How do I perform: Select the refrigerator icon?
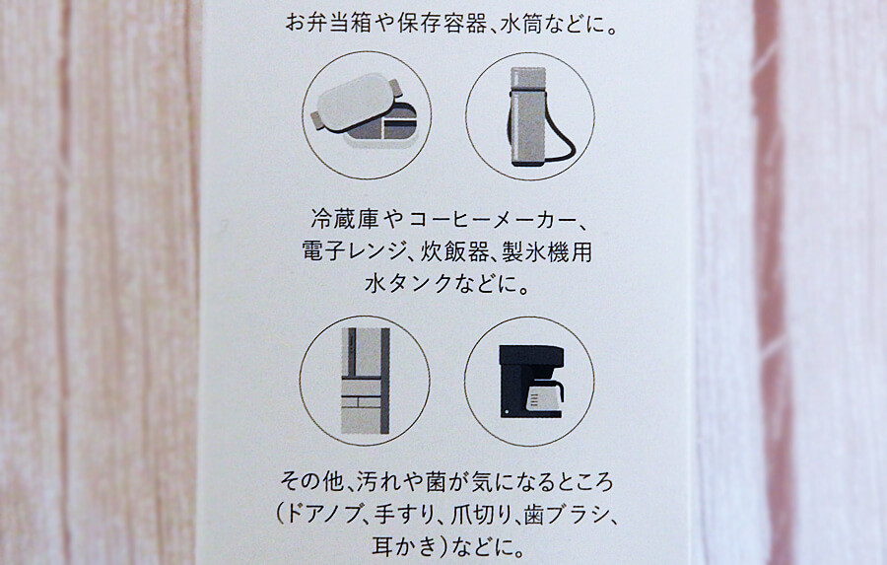[x=366, y=381]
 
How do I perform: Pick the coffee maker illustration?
[x=531, y=381]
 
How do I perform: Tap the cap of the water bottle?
[x=528, y=77]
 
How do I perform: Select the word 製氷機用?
[x=546, y=250]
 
